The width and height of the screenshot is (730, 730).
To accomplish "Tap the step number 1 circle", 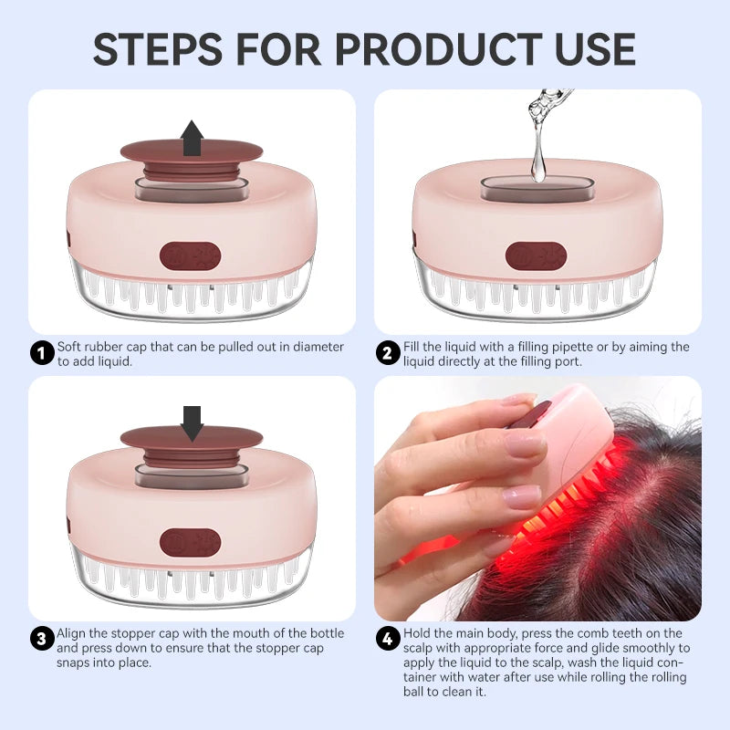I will tap(42, 353).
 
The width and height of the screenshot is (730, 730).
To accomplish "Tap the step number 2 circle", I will tap(389, 353).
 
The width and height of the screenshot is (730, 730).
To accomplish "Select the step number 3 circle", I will tap(42, 639).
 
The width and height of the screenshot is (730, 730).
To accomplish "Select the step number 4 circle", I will tap(389, 639).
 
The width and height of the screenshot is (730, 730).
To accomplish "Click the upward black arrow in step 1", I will tap(192, 139).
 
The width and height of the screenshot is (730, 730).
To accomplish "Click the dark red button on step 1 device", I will tap(190, 255).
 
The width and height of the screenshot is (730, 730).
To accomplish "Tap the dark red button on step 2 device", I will tap(536, 255).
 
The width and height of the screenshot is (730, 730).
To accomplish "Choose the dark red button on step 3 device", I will tap(190, 542).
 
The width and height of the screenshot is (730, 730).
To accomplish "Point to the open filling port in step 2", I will tap(537, 189).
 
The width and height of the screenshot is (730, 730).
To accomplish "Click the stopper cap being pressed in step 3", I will tap(192, 439).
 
